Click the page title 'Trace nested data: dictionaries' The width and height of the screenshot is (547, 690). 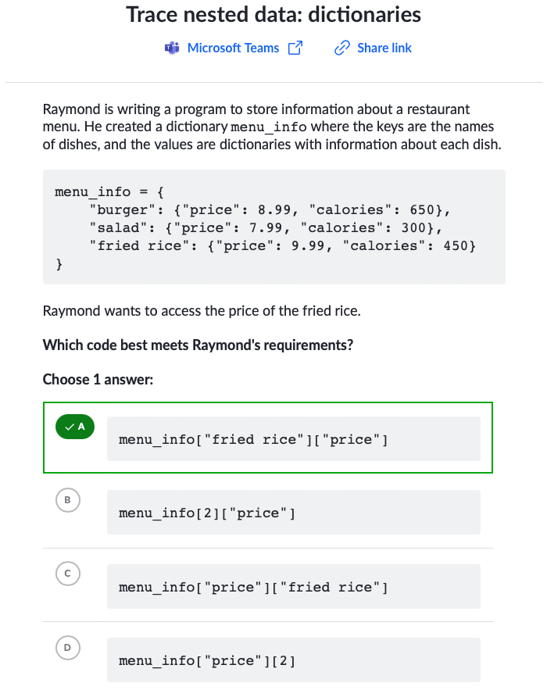click(273, 15)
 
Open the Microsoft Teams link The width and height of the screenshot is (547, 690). click(233, 48)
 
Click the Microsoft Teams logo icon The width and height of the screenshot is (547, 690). click(172, 48)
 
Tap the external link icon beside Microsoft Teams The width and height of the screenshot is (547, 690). click(295, 48)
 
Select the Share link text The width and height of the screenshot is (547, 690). click(384, 48)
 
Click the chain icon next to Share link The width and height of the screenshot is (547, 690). click(342, 48)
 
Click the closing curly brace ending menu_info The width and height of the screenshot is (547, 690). click(59, 264)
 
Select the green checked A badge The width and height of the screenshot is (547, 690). click(75, 427)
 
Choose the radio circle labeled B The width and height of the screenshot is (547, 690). click(68, 500)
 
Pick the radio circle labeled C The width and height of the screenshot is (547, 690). click(68, 574)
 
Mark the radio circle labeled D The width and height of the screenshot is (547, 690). click(68, 647)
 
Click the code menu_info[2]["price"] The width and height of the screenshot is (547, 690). click(207, 513)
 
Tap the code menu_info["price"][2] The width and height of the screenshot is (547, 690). click(207, 661)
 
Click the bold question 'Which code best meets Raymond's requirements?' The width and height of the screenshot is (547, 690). click(198, 345)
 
